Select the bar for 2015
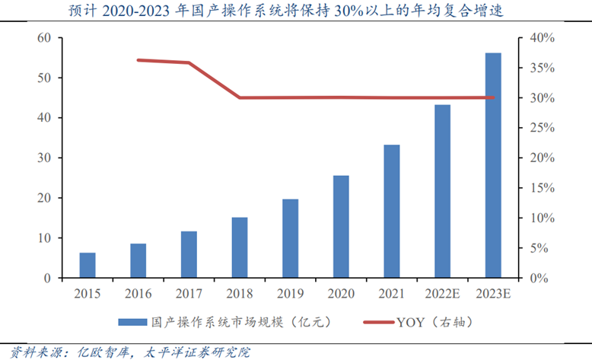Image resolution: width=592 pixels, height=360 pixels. coord(88,265)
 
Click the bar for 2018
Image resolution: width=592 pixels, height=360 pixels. coord(240,247)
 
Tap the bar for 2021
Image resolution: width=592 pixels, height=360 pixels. coord(392,211)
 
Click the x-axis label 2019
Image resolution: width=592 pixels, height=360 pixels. coord(290,292)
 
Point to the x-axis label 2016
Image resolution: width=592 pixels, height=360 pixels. coord(138,292)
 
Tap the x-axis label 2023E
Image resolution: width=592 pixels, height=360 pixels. coord(493,292)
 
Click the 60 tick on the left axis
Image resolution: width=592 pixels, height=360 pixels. coord(44,38)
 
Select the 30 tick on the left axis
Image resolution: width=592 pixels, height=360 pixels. coord(44,158)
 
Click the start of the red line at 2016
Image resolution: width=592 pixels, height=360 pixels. coord(138,59)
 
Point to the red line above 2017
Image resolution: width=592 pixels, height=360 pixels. coord(189,62)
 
